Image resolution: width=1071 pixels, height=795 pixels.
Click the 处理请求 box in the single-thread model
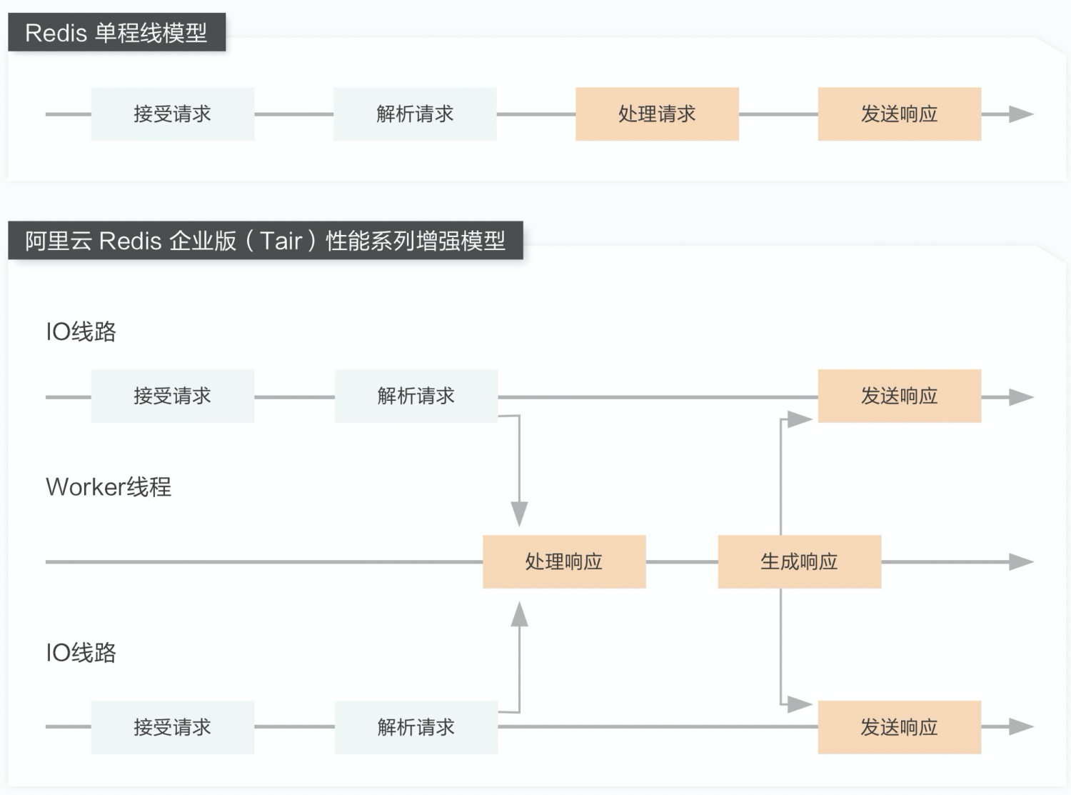[657, 114]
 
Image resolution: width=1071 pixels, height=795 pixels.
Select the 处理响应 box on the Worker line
[564, 562]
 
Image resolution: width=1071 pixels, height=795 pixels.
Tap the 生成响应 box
[799, 562]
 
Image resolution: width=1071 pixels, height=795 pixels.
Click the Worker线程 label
[109, 487]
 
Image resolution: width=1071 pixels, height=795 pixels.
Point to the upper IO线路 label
[81, 332]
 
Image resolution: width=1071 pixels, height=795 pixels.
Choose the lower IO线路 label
[81, 653]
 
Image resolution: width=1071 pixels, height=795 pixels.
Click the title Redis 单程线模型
[116, 33]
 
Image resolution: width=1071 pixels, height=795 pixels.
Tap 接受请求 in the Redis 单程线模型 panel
[172, 114]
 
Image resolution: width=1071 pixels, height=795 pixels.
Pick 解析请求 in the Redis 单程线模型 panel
[415, 114]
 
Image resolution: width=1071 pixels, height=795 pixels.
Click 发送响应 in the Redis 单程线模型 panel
[899, 114]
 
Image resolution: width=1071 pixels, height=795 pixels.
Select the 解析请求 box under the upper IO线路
[416, 396]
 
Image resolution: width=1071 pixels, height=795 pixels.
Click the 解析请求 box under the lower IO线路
[416, 727]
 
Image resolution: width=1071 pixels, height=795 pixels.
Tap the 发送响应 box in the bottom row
[899, 727]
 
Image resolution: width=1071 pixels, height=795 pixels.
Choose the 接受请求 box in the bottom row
[172, 727]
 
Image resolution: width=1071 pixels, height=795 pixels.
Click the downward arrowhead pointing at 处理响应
[520, 513]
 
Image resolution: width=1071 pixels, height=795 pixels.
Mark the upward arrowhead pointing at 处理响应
[520, 614]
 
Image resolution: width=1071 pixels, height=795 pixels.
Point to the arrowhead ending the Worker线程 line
[1021, 562]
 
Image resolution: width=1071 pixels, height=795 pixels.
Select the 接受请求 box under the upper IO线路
[172, 396]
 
